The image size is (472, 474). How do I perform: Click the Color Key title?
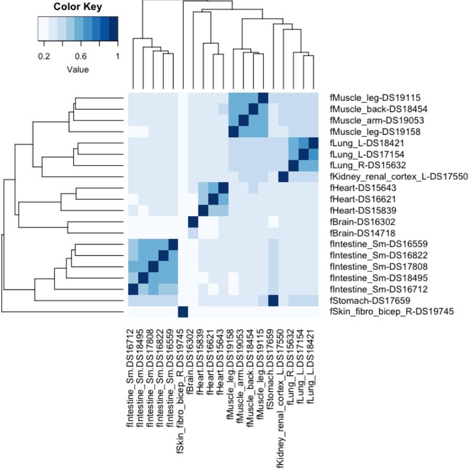77,8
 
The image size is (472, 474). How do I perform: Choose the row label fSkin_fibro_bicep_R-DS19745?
392,312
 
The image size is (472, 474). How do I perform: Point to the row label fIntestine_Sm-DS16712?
375,289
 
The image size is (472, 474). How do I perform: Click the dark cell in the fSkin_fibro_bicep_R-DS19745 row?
182,312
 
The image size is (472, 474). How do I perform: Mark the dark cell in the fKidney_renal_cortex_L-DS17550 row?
283,176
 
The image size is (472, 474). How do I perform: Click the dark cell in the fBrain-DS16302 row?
192,222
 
